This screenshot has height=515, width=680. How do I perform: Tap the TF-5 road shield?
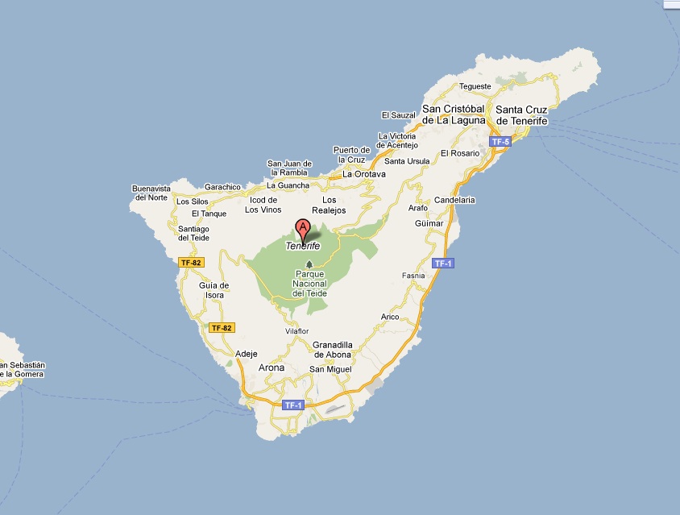point(500,142)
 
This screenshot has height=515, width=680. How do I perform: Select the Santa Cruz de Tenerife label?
point(522,115)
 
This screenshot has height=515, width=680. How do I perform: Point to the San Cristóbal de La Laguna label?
point(454,114)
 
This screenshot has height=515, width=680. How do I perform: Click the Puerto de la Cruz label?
point(351,155)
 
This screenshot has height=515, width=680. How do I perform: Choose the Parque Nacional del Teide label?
point(309,284)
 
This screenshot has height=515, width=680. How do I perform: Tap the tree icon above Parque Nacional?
point(309,264)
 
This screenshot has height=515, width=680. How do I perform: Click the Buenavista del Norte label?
point(151,193)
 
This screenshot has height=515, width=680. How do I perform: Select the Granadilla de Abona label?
point(334,350)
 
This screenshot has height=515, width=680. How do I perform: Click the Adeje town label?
point(247,353)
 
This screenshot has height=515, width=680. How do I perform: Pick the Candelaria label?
point(454,200)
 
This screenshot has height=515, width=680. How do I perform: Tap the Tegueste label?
point(475,86)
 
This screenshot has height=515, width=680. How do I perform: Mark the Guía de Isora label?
point(214,290)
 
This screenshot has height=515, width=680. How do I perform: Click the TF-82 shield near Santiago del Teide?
point(192,263)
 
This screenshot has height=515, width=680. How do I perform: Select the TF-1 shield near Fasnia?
point(443,264)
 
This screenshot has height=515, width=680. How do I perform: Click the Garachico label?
point(222,187)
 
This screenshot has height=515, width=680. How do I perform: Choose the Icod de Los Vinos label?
point(263,205)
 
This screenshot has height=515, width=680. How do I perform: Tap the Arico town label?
point(390,317)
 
